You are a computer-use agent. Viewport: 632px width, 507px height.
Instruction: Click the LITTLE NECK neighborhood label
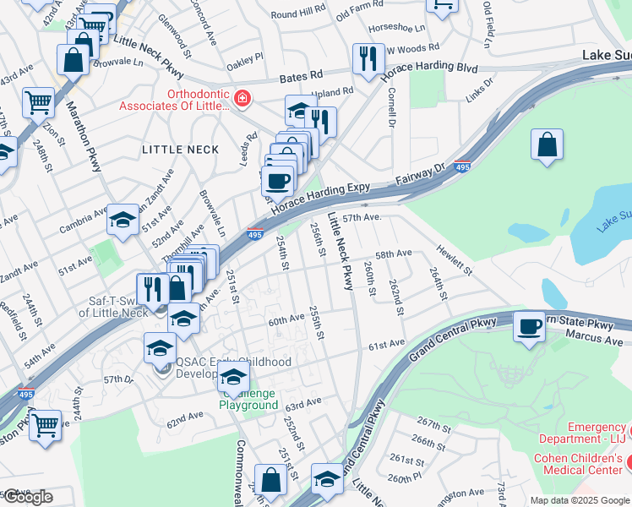coord(180,150)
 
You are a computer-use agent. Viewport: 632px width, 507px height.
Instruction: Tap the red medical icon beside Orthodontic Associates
coord(242,99)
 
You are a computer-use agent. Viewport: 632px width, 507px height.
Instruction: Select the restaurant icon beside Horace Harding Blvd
coord(368,58)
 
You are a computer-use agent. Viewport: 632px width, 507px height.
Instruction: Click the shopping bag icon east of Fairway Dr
coord(548,144)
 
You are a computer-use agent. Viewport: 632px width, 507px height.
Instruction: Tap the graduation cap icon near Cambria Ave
coord(123,221)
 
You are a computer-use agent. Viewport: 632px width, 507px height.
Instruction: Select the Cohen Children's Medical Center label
coord(582,464)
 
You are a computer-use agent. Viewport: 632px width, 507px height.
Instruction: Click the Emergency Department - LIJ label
coord(584,433)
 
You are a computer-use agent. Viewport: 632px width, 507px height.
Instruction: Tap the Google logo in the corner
coord(27,497)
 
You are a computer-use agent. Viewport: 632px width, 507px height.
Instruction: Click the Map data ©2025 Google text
coord(580,500)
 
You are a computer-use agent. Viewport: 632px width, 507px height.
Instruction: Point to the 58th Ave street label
coord(393,253)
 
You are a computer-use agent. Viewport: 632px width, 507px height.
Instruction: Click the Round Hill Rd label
coord(297,14)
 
